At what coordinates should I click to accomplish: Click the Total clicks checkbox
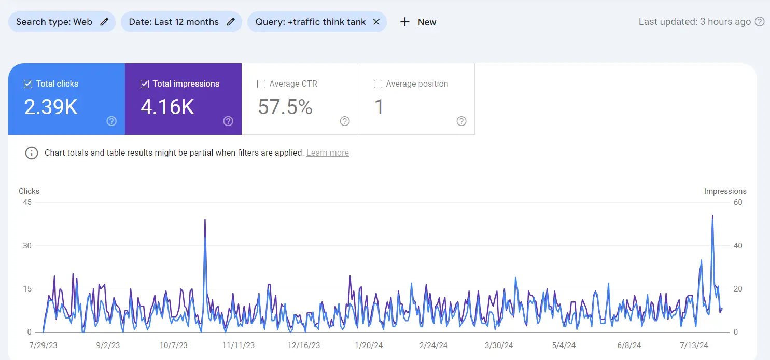point(28,84)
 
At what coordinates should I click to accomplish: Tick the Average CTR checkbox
point(261,84)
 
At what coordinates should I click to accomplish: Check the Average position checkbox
point(378,84)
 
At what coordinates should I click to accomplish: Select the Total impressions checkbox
point(145,84)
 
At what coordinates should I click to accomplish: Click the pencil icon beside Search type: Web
point(104,22)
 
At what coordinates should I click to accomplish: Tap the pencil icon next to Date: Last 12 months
point(231,22)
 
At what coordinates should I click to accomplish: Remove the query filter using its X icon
point(376,22)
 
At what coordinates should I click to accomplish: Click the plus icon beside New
point(405,22)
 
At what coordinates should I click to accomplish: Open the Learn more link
point(328,153)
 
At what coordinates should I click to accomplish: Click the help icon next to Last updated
point(760,22)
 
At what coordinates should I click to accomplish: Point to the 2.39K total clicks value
point(51,107)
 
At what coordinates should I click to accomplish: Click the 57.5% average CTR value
point(285,107)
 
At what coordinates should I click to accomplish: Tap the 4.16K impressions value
point(167,107)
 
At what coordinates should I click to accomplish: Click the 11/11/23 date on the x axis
point(239,345)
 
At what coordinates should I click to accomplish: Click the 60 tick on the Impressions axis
point(737,202)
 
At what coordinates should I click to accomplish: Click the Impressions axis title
point(725,191)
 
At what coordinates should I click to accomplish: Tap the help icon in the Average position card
point(461,121)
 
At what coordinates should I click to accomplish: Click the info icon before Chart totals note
point(32,153)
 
